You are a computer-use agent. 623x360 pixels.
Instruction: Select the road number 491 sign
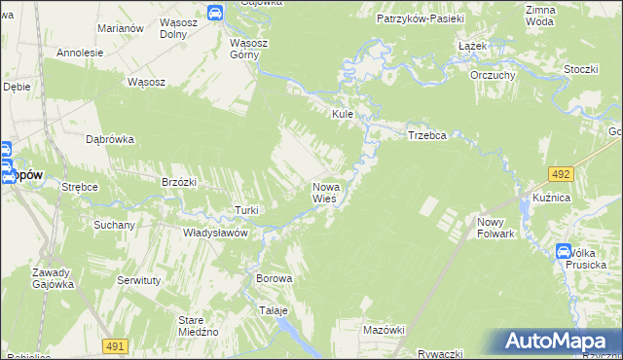pyautogui.click(x=115, y=345)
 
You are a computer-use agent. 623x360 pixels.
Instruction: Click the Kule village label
pyautogui.click(x=342, y=114)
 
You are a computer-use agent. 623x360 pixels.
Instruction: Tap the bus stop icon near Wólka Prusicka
pyautogui.click(x=564, y=252)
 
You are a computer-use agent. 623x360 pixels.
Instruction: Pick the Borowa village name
pyautogui.click(x=274, y=278)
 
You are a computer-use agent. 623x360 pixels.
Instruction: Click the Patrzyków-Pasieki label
pyautogui.click(x=421, y=18)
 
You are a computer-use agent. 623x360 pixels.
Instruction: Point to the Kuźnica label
pyautogui.click(x=551, y=198)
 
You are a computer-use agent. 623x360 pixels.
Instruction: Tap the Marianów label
pyautogui.click(x=122, y=28)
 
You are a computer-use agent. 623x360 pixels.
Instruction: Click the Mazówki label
pyautogui.click(x=383, y=330)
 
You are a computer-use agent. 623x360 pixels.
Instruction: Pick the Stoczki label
pyautogui.click(x=580, y=69)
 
